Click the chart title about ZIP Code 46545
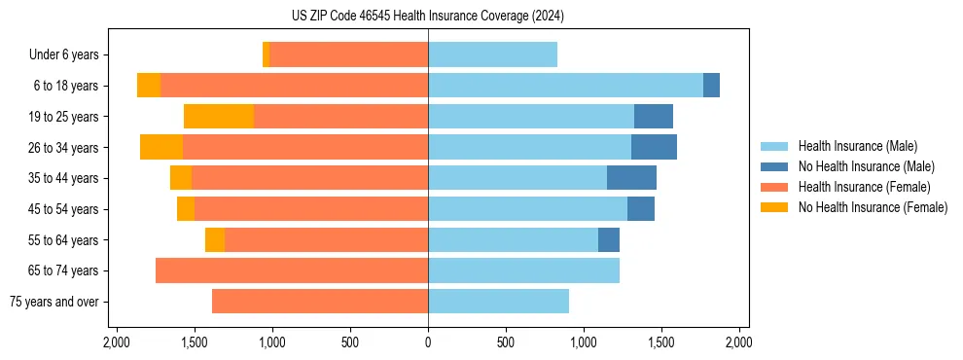coord(427,16)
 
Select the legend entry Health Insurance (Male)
coord(857,146)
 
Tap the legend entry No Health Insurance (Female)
coord(873,207)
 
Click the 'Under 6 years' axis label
coord(63,55)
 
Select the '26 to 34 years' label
coord(64,148)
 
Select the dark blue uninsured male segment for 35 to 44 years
coord(631,178)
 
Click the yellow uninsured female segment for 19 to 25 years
coord(219,117)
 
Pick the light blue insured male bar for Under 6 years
coord(492,55)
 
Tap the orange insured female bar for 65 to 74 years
coord(292,270)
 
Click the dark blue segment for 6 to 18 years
coord(711,86)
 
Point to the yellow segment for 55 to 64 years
coord(215,240)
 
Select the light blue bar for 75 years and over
coord(498,302)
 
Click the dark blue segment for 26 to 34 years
coord(654,148)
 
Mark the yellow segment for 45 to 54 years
coord(186,209)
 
